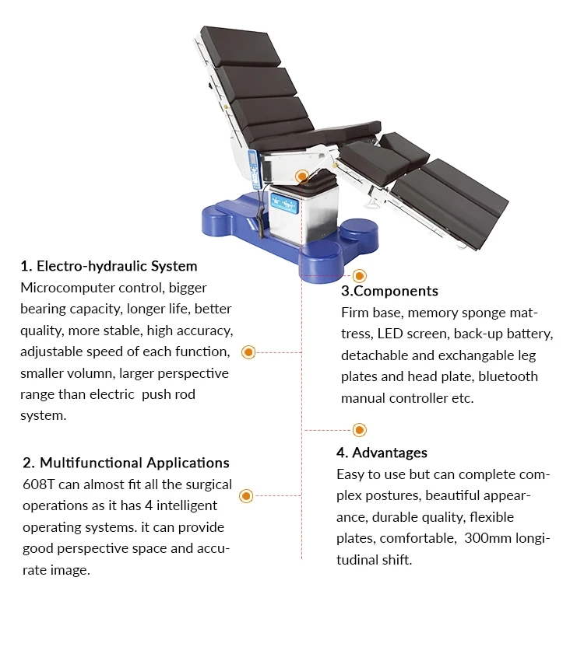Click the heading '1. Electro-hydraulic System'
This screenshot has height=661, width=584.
click(109, 267)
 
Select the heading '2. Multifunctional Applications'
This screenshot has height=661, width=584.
click(126, 463)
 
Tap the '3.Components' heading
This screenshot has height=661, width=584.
click(389, 291)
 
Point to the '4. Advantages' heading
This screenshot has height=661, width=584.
click(382, 453)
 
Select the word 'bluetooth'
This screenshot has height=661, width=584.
click(508, 376)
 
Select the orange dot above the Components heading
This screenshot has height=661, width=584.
click(359, 275)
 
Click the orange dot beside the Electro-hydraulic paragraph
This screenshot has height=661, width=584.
click(248, 352)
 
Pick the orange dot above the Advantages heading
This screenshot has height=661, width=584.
click(359, 429)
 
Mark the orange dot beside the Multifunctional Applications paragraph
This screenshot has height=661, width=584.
click(246, 495)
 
